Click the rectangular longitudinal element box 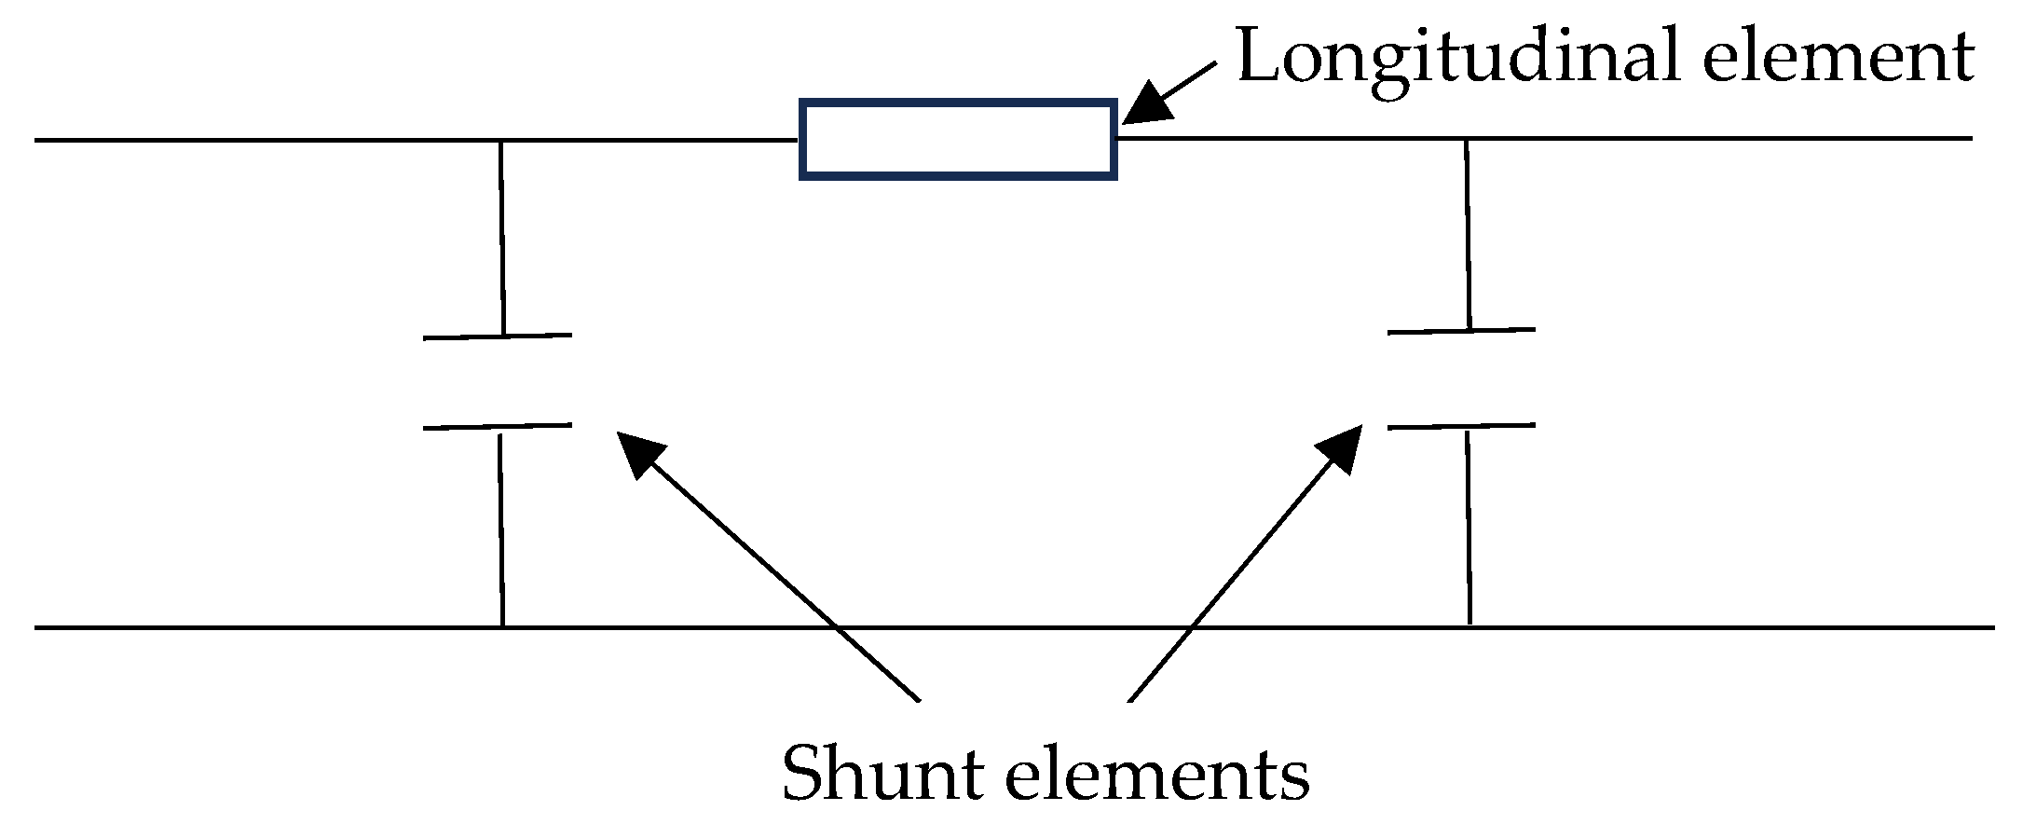[958, 139]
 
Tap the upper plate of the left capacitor [498, 336]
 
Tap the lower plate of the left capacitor [498, 427]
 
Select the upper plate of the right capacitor [1461, 331]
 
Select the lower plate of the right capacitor [1461, 427]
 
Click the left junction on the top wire [500, 141]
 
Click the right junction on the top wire [1467, 140]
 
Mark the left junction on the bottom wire [503, 627]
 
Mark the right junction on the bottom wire [1470, 627]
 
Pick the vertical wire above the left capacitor [502, 238]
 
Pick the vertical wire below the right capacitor [1469, 527]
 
